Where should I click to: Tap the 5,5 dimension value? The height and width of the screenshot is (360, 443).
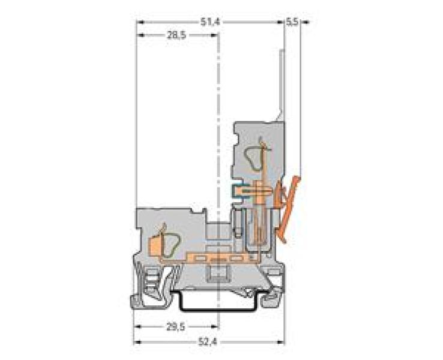(x=292, y=22)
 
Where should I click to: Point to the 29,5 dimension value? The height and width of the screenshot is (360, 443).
(x=175, y=327)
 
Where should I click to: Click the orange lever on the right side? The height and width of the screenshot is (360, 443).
(x=290, y=204)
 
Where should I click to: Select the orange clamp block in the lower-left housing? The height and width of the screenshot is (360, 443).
(x=154, y=244)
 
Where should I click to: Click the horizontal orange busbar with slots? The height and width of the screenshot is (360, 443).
(x=222, y=258)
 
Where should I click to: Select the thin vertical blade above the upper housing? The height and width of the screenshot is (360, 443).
(x=280, y=84)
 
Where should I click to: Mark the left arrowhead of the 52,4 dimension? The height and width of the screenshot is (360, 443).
(x=136, y=342)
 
